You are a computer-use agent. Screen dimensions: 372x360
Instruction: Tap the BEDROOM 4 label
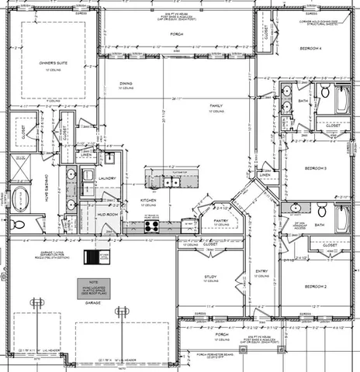pos(311,48)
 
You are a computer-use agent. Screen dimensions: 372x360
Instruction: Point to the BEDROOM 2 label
pos(313,286)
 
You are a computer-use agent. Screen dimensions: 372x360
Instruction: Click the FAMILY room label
pos(216,105)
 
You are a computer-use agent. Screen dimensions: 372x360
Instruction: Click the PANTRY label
pos(220,221)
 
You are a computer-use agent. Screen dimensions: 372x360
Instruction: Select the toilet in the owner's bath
pos(19,225)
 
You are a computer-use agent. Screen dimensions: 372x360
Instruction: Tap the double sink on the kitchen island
pos(170,182)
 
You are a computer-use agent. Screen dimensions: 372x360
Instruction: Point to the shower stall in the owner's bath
pos(21,167)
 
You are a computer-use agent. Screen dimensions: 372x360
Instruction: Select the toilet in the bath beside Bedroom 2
pos(322,208)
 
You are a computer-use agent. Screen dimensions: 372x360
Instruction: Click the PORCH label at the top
pos(176,35)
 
